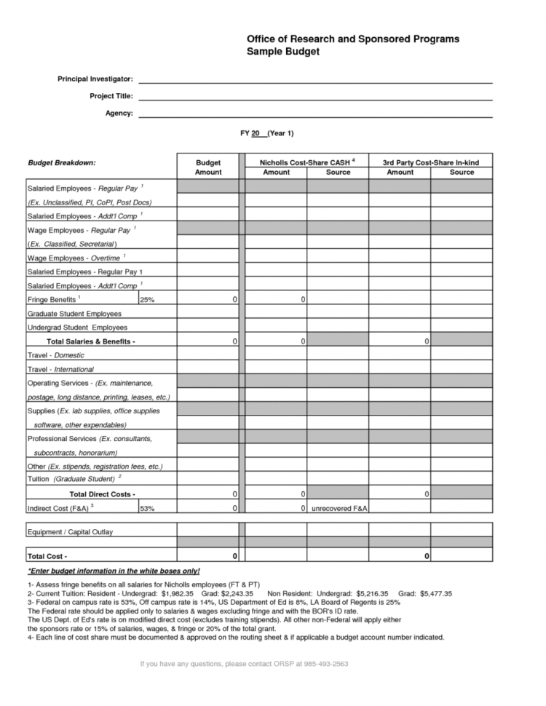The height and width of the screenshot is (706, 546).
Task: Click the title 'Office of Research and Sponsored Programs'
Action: pos(353,39)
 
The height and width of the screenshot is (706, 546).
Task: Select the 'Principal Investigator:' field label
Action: pos(95,79)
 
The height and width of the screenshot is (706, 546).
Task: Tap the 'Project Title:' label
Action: pos(111,96)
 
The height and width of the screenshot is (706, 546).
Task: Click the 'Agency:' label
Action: pos(119,114)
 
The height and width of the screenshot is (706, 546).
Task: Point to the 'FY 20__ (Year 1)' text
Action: pos(267,134)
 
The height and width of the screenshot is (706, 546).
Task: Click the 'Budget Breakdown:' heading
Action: pos(62,162)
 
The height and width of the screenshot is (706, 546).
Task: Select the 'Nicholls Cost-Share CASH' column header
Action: pos(306,162)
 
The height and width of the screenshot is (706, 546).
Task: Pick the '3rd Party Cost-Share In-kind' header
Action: pos(430,162)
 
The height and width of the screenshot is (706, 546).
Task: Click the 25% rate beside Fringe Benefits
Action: pos(147,300)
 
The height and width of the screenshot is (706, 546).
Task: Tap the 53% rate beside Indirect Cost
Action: pos(147,508)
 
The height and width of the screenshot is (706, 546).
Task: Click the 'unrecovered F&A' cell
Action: pos(337,508)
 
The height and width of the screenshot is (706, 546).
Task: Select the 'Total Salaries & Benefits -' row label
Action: pos(91,341)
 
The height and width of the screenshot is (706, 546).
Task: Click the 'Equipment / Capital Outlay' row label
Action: pos(70,532)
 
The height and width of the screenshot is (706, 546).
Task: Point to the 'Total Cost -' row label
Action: pos(47,556)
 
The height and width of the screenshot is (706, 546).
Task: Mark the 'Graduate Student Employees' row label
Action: pos(74,314)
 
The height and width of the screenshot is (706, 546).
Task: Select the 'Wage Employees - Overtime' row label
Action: pos(76,258)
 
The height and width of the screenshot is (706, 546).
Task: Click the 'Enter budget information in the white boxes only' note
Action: pos(114,571)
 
